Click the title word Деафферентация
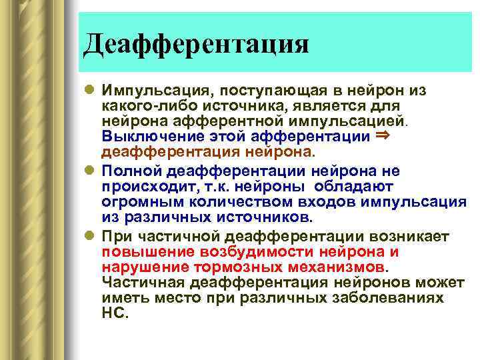(197, 45)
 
